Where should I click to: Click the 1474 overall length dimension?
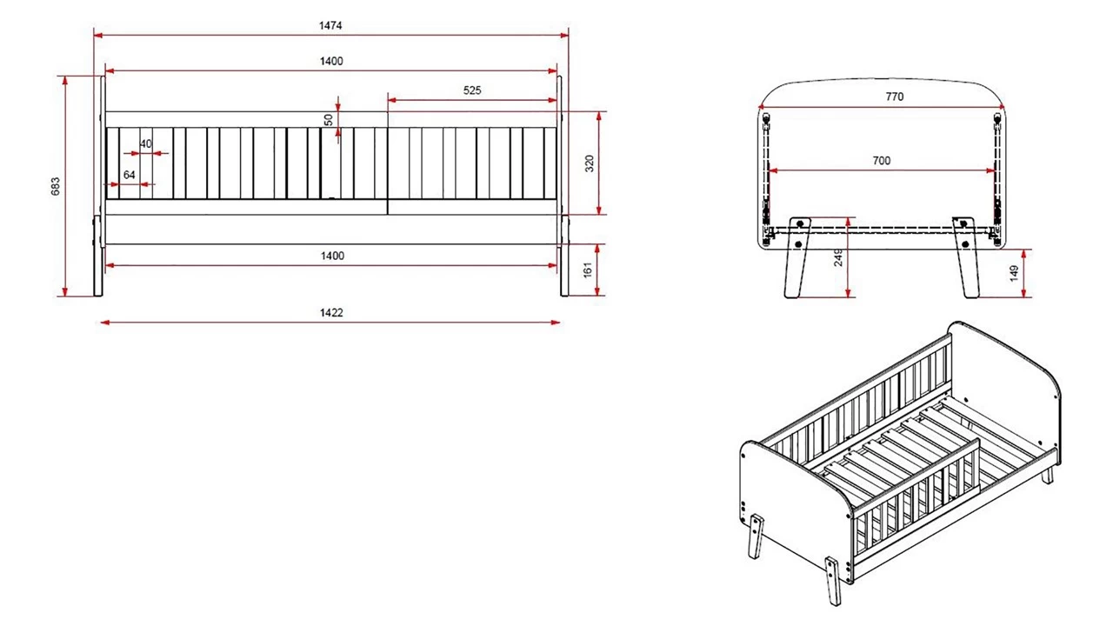click(x=330, y=25)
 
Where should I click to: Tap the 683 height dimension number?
click(x=55, y=186)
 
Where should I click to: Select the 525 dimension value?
click(x=472, y=90)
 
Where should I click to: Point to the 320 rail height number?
click(x=590, y=163)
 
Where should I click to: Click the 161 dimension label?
click(x=588, y=270)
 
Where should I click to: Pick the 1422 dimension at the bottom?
click(x=331, y=312)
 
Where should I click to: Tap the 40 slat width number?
click(x=145, y=144)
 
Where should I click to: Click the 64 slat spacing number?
click(x=130, y=175)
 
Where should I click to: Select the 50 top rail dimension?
click(x=329, y=120)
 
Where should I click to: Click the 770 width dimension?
click(x=895, y=97)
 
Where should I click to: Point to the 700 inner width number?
click(x=882, y=161)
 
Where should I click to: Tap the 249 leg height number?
click(x=838, y=258)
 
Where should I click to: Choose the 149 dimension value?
click(x=1014, y=273)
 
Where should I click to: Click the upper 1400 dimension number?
click(x=331, y=61)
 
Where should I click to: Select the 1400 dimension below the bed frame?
click(x=332, y=256)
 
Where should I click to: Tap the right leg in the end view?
click(x=966, y=257)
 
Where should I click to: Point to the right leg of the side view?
click(x=564, y=256)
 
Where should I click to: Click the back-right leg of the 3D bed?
click(x=1048, y=475)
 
